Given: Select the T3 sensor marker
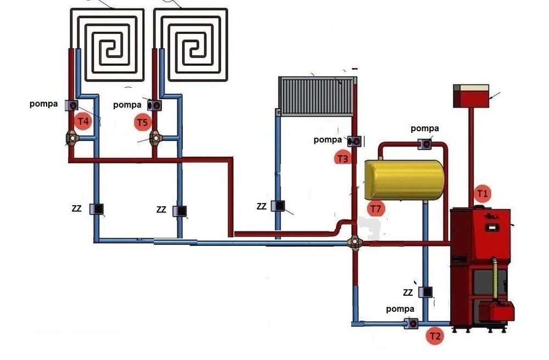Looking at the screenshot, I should (342, 158).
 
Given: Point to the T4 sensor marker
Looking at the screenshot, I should (82, 121).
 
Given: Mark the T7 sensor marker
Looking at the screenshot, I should (376, 209).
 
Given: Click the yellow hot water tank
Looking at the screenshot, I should (405, 179).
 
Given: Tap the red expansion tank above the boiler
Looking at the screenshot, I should (471, 97).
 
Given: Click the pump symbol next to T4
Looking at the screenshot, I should (71, 104).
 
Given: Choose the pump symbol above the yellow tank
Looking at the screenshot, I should (425, 144).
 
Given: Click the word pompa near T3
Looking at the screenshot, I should (328, 139).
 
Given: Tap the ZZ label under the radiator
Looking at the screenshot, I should (261, 206).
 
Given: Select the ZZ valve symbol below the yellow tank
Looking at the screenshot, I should (425, 292).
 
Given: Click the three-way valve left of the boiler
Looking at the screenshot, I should (354, 241).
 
